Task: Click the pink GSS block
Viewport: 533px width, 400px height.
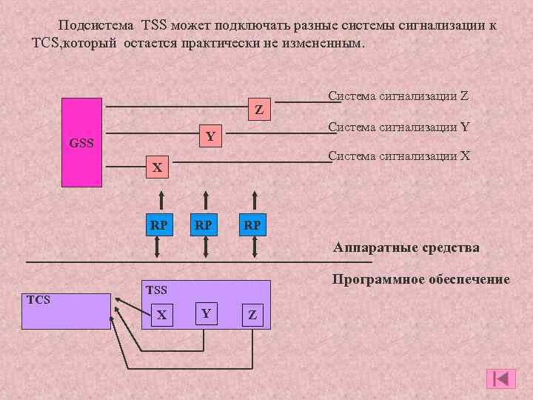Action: [x=81, y=141]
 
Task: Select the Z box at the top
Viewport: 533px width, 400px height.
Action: [x=258, y=110]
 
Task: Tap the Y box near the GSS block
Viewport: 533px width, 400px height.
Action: [x=210, y=136]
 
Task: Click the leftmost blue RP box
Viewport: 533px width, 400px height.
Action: [x=158, y=224]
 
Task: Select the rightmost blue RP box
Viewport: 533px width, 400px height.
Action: [x=252, y=224]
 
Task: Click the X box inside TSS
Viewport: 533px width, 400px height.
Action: [x=161, y=314]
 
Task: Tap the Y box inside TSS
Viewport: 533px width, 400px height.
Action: [x=207, y=314]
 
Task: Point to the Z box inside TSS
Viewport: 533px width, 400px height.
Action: [x=252, y=314]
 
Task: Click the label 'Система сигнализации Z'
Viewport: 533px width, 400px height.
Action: [x=398, y=96]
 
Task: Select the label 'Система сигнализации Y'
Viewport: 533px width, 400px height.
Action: [x=398, y=127]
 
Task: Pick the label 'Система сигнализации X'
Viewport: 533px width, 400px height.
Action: [x=398, y=156]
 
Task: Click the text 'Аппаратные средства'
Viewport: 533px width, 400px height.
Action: [x=406, y=247]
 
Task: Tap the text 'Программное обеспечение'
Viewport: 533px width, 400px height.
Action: [x=420, y=279]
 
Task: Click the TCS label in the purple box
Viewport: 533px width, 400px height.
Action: [x=38, y=300]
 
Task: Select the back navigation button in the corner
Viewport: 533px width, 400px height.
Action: [x=500, y=379]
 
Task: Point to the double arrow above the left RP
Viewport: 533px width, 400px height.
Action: [x=158, y=199]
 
